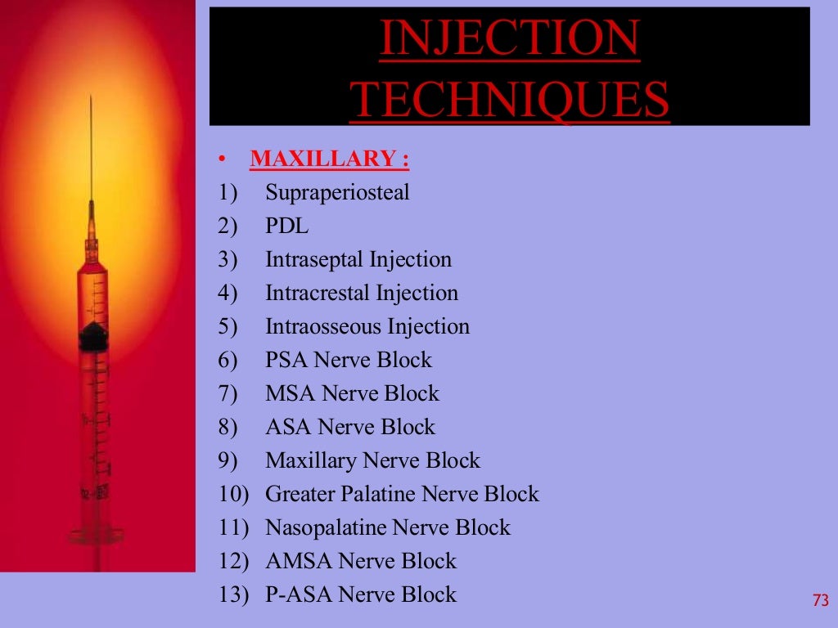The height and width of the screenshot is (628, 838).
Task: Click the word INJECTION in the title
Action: pos(509,38)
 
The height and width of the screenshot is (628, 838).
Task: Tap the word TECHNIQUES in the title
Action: pos(509,100)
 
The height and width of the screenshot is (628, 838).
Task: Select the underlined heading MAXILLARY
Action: pos(329,159)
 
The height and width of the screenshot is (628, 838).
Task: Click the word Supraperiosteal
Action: pos(337,193)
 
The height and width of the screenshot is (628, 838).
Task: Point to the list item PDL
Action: pos(287,227)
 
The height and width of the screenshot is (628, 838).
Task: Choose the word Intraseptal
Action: pos(314,260)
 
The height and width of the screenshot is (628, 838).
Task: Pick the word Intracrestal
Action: pos(318,293)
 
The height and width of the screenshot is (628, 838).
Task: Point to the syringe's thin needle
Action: pos(91,155)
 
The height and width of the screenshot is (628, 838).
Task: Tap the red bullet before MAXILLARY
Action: pos(222,159)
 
